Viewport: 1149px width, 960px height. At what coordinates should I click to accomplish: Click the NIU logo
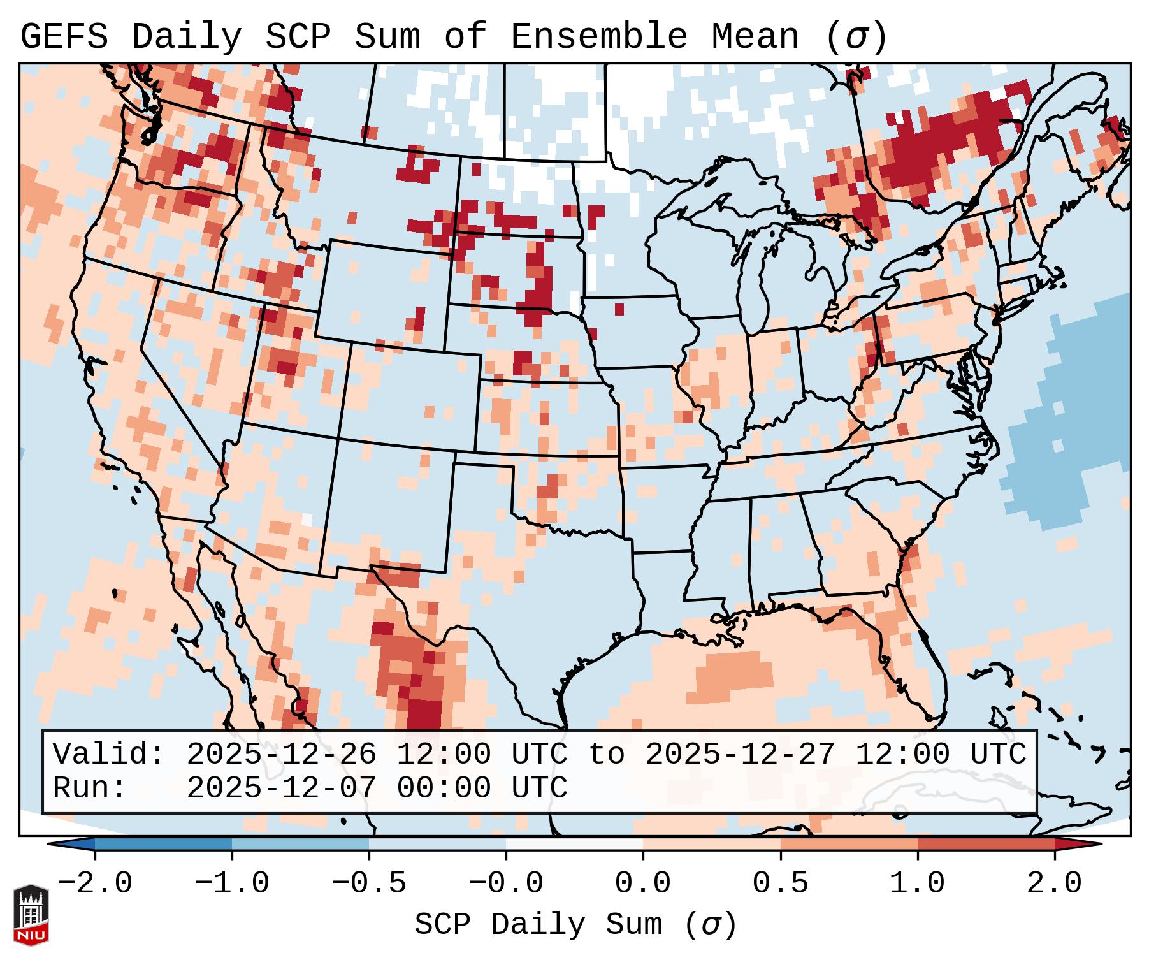pyautogui.click(x=31, y=915)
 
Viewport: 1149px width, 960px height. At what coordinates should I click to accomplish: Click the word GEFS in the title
pyautogui.click(x=64, y=37)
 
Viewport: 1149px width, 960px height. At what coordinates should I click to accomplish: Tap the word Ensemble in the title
pyautogui.click(x=598, y=37)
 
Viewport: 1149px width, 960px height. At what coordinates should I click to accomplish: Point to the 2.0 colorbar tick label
pyautogui.click(x=1054, y=884)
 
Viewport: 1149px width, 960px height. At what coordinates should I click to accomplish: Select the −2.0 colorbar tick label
pyautogui.click(x=95, y=884)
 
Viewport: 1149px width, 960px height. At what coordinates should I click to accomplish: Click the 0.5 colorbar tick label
pyautogui.click(x=780, y=884)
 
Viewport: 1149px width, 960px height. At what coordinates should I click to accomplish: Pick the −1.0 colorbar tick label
pyautogui.click(x=231, y=884)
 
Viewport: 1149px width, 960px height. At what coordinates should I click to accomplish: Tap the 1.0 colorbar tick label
pyautogui.click(x=917, y=884)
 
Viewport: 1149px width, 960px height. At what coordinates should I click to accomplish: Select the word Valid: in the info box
pyautogui.click(x=109, y=755)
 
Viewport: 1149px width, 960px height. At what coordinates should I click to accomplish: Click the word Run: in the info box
pyautogui.click(x=90, y=789)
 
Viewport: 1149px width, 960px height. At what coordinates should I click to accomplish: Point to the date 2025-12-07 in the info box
pyautogui.click(x=281, y=789)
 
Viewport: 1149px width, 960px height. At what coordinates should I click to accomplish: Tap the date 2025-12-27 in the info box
pyautogui.click(x=740, y=755)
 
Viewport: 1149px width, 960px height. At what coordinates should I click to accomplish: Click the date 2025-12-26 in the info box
pyautogui.click(x=281, y=755)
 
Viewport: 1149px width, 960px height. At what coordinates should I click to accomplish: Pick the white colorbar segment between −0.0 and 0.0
pyautogui.click(x=574, y=844)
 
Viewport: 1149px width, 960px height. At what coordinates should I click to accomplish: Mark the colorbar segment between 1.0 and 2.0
pyautogui.click(x=986, y=844)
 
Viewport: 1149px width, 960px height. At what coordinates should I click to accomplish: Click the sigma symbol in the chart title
pyautogui.click(x=856, y=37)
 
